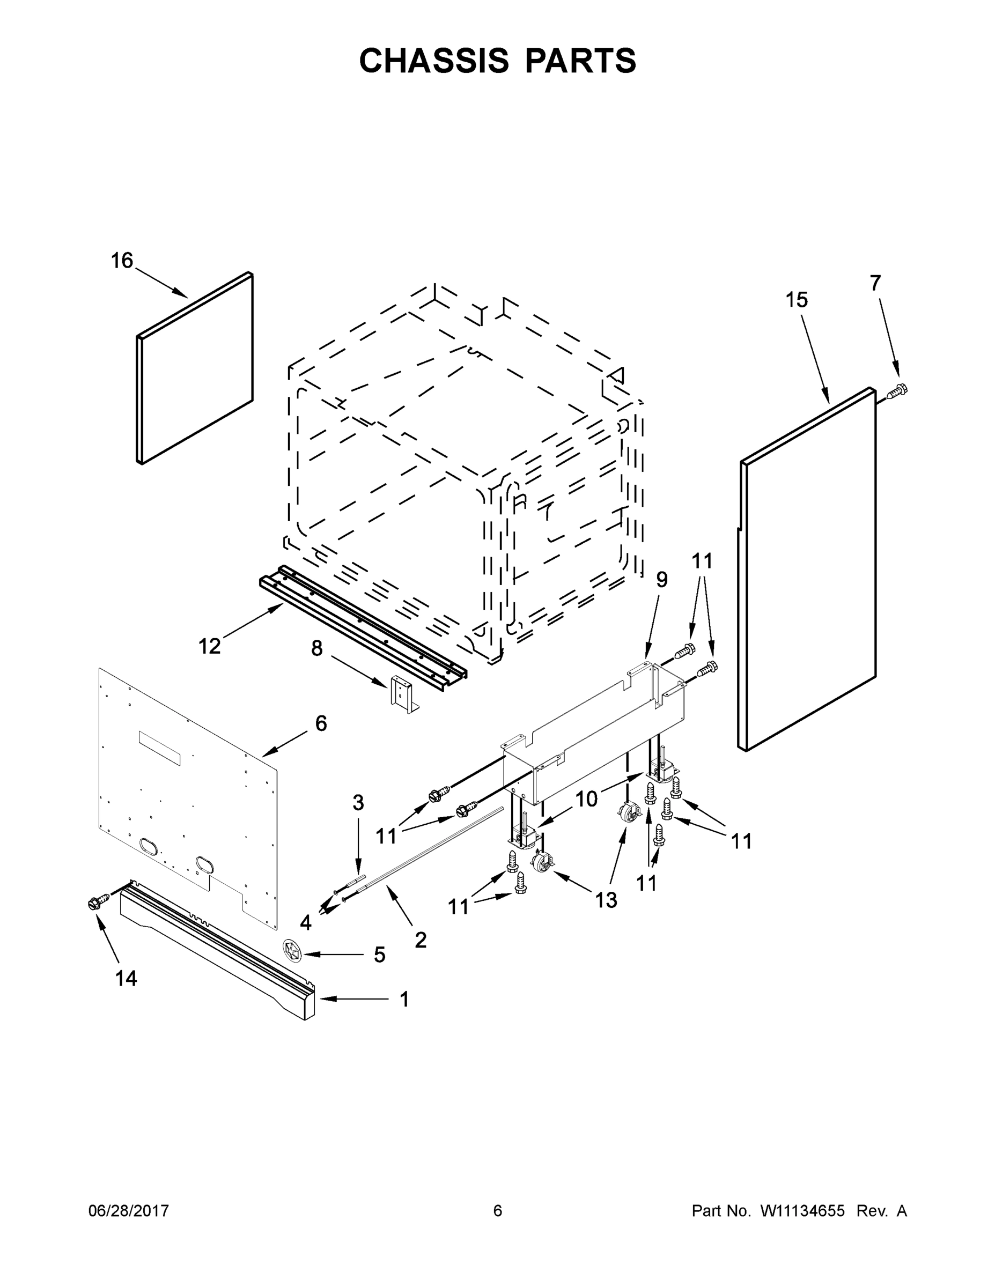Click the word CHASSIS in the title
point(434,61)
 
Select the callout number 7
point(875,284)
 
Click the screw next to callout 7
point(897,389)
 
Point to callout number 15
point(797,300)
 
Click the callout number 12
point(209,646)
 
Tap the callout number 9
point(662,580)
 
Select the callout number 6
point(321,723)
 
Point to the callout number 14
point(126,979)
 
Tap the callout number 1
point(404,1000)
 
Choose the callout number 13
point(606,900)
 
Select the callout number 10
point(586,799)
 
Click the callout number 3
point(358,803)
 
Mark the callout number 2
point(421,940)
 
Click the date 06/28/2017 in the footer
point(129,1210)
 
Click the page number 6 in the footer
point(498,1210)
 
